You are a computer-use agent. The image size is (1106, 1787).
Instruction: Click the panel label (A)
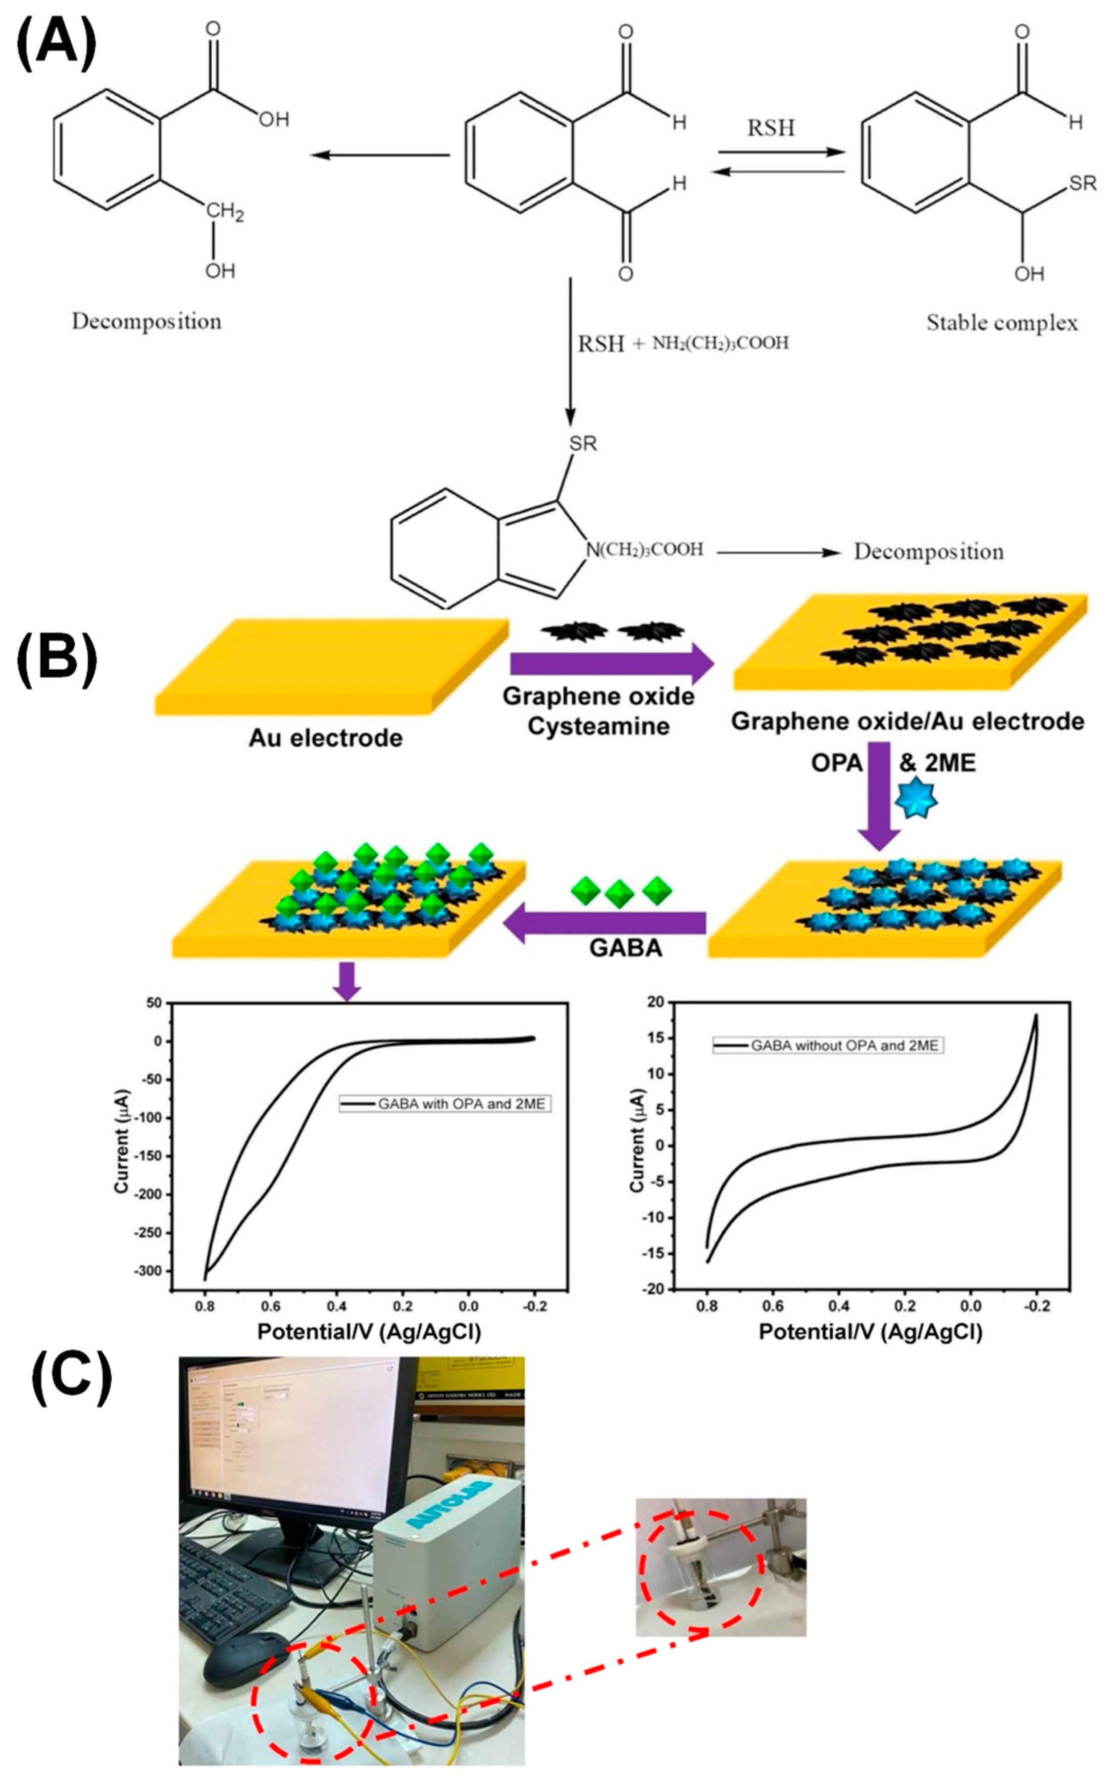pyautogui.click(x=56, y=46)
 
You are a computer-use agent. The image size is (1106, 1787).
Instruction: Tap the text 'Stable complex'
pyautogui.click(x=1002, y=323)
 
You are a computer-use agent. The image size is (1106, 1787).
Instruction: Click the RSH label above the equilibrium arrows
pyautogui.click(x=770, y=128)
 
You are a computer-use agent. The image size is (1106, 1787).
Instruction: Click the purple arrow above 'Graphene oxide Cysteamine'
pyautogui.click(x=611, y=664)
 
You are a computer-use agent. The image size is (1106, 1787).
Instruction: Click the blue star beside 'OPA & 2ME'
pyautogui.click(x=916, y=799)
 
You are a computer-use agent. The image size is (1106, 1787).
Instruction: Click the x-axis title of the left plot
pyautogui.click(x=369, y=1332)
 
